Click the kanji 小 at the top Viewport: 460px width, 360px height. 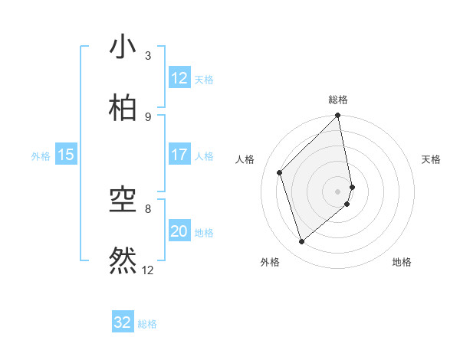tap(123, 47)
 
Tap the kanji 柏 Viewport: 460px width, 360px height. tap(123, 109)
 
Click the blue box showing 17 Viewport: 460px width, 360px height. tap(179, 155)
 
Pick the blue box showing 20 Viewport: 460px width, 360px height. tap(179, 231)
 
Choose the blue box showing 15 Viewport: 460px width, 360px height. tap(66, 155)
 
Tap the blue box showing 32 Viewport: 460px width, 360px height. tap(123, 322)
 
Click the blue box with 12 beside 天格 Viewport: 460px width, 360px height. tap(179, 78)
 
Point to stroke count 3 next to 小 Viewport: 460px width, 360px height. tap(148, 56)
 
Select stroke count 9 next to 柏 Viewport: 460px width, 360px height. tap(148, 117)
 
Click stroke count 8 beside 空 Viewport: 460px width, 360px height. tap(148, 208)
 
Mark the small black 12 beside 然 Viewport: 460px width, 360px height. tap(148, 270)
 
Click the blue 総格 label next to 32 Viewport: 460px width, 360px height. tap(147, 324)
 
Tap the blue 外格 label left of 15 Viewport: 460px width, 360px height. tap(41, 156)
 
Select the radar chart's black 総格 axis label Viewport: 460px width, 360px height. tap(338, 100)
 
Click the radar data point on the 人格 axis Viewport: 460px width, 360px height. tap(280, 172)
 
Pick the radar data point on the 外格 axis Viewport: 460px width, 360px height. tap(302, 242)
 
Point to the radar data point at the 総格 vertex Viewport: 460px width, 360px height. tap(338, 116)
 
